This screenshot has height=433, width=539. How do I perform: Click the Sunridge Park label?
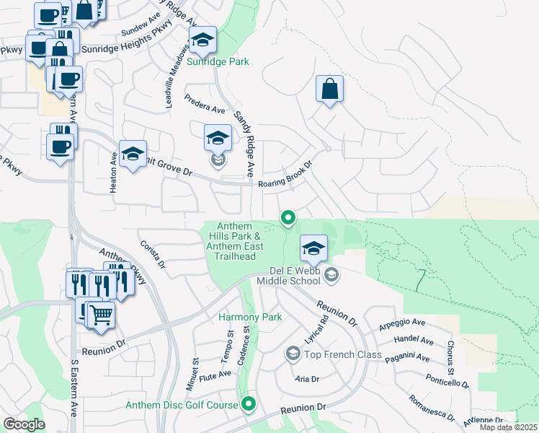[218, 62]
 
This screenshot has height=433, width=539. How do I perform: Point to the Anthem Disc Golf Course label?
[182, 405]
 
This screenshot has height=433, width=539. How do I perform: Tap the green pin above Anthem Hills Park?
[288, 216]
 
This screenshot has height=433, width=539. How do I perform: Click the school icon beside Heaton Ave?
[133, 154]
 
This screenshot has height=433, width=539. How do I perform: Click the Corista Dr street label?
[152, 255]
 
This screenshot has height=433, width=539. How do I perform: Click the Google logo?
[24, 424]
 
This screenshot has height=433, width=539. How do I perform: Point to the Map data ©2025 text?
[507, 427]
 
